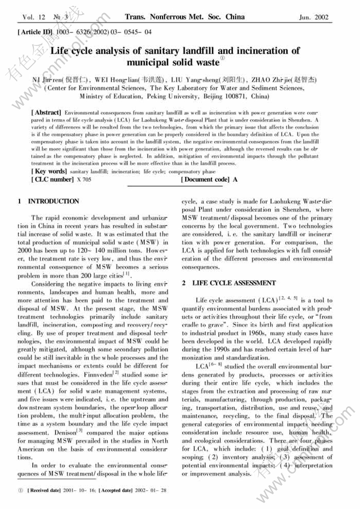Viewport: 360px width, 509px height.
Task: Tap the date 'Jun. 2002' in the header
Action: (313, 17)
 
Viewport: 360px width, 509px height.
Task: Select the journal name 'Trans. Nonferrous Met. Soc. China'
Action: (185, 17)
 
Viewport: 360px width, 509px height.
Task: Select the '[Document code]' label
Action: (205, 180)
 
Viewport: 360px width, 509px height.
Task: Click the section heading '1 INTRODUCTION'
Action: (48, 201)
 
